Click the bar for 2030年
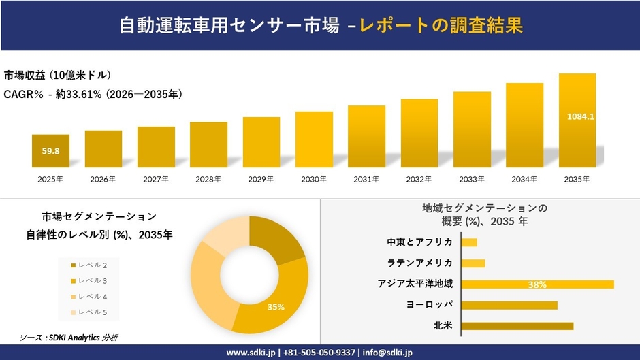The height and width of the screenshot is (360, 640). [314, 140]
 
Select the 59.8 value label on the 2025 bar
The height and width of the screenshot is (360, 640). [50, 151]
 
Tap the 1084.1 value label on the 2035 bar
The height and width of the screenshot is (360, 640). [580, 116]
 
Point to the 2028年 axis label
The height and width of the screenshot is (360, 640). [208, 180]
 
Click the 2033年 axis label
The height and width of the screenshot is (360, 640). [472, 180]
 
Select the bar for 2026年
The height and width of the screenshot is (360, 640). [103, 149]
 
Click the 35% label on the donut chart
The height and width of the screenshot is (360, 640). [276, 307]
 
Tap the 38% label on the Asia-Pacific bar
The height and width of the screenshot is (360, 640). [537, 284]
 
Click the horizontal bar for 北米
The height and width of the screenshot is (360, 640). [517, 326]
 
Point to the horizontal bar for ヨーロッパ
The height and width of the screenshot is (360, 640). [509, 305]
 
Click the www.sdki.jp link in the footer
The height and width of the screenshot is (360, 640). [251, 353]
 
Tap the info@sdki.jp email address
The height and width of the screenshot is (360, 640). [388, 353]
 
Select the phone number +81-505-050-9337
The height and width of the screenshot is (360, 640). [319, 353]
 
